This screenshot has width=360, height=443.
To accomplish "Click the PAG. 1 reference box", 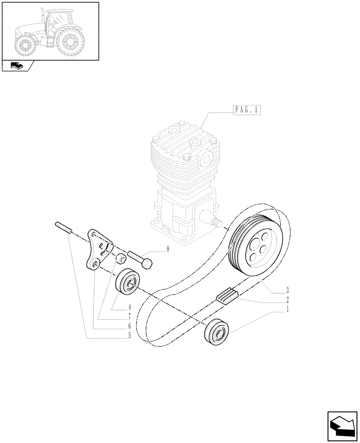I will pos(246,110).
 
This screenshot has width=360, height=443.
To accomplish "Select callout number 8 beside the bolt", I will pos(168,249).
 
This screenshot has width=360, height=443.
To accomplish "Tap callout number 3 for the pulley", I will pos(287,291).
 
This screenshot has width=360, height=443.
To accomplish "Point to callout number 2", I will pos(287,301).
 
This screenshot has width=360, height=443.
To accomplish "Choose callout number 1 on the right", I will pos(287,311).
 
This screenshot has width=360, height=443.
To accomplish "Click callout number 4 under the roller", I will pos(129,306).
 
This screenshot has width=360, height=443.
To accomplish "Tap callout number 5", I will pos(129,335).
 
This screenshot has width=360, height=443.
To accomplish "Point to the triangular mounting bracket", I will pos(98,249).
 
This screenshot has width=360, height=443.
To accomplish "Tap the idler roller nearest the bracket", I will pos(128,280).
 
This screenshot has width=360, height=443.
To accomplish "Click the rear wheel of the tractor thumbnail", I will pos(70,42).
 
